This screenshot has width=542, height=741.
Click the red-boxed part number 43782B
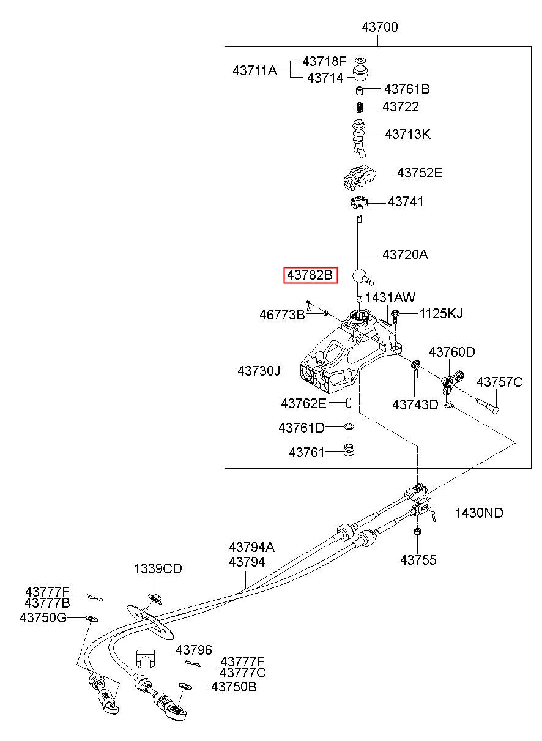(310, 275)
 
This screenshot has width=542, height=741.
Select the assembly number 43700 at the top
(379, 27)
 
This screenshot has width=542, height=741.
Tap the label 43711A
(254, 70)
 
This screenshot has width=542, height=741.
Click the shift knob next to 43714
(361, 73)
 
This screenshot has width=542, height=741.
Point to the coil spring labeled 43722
(360, 108)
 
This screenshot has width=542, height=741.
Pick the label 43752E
(419, 173)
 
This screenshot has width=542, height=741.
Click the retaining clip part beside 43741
(359, 203)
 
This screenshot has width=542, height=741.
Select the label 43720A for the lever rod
(405, 255)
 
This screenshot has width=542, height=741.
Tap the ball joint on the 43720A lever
(359, 275)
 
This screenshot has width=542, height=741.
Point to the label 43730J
(259, 371)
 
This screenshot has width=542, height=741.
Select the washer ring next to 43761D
(349, 426)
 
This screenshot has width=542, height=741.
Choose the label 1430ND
(479, 513)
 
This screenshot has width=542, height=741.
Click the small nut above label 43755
(417, 532)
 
